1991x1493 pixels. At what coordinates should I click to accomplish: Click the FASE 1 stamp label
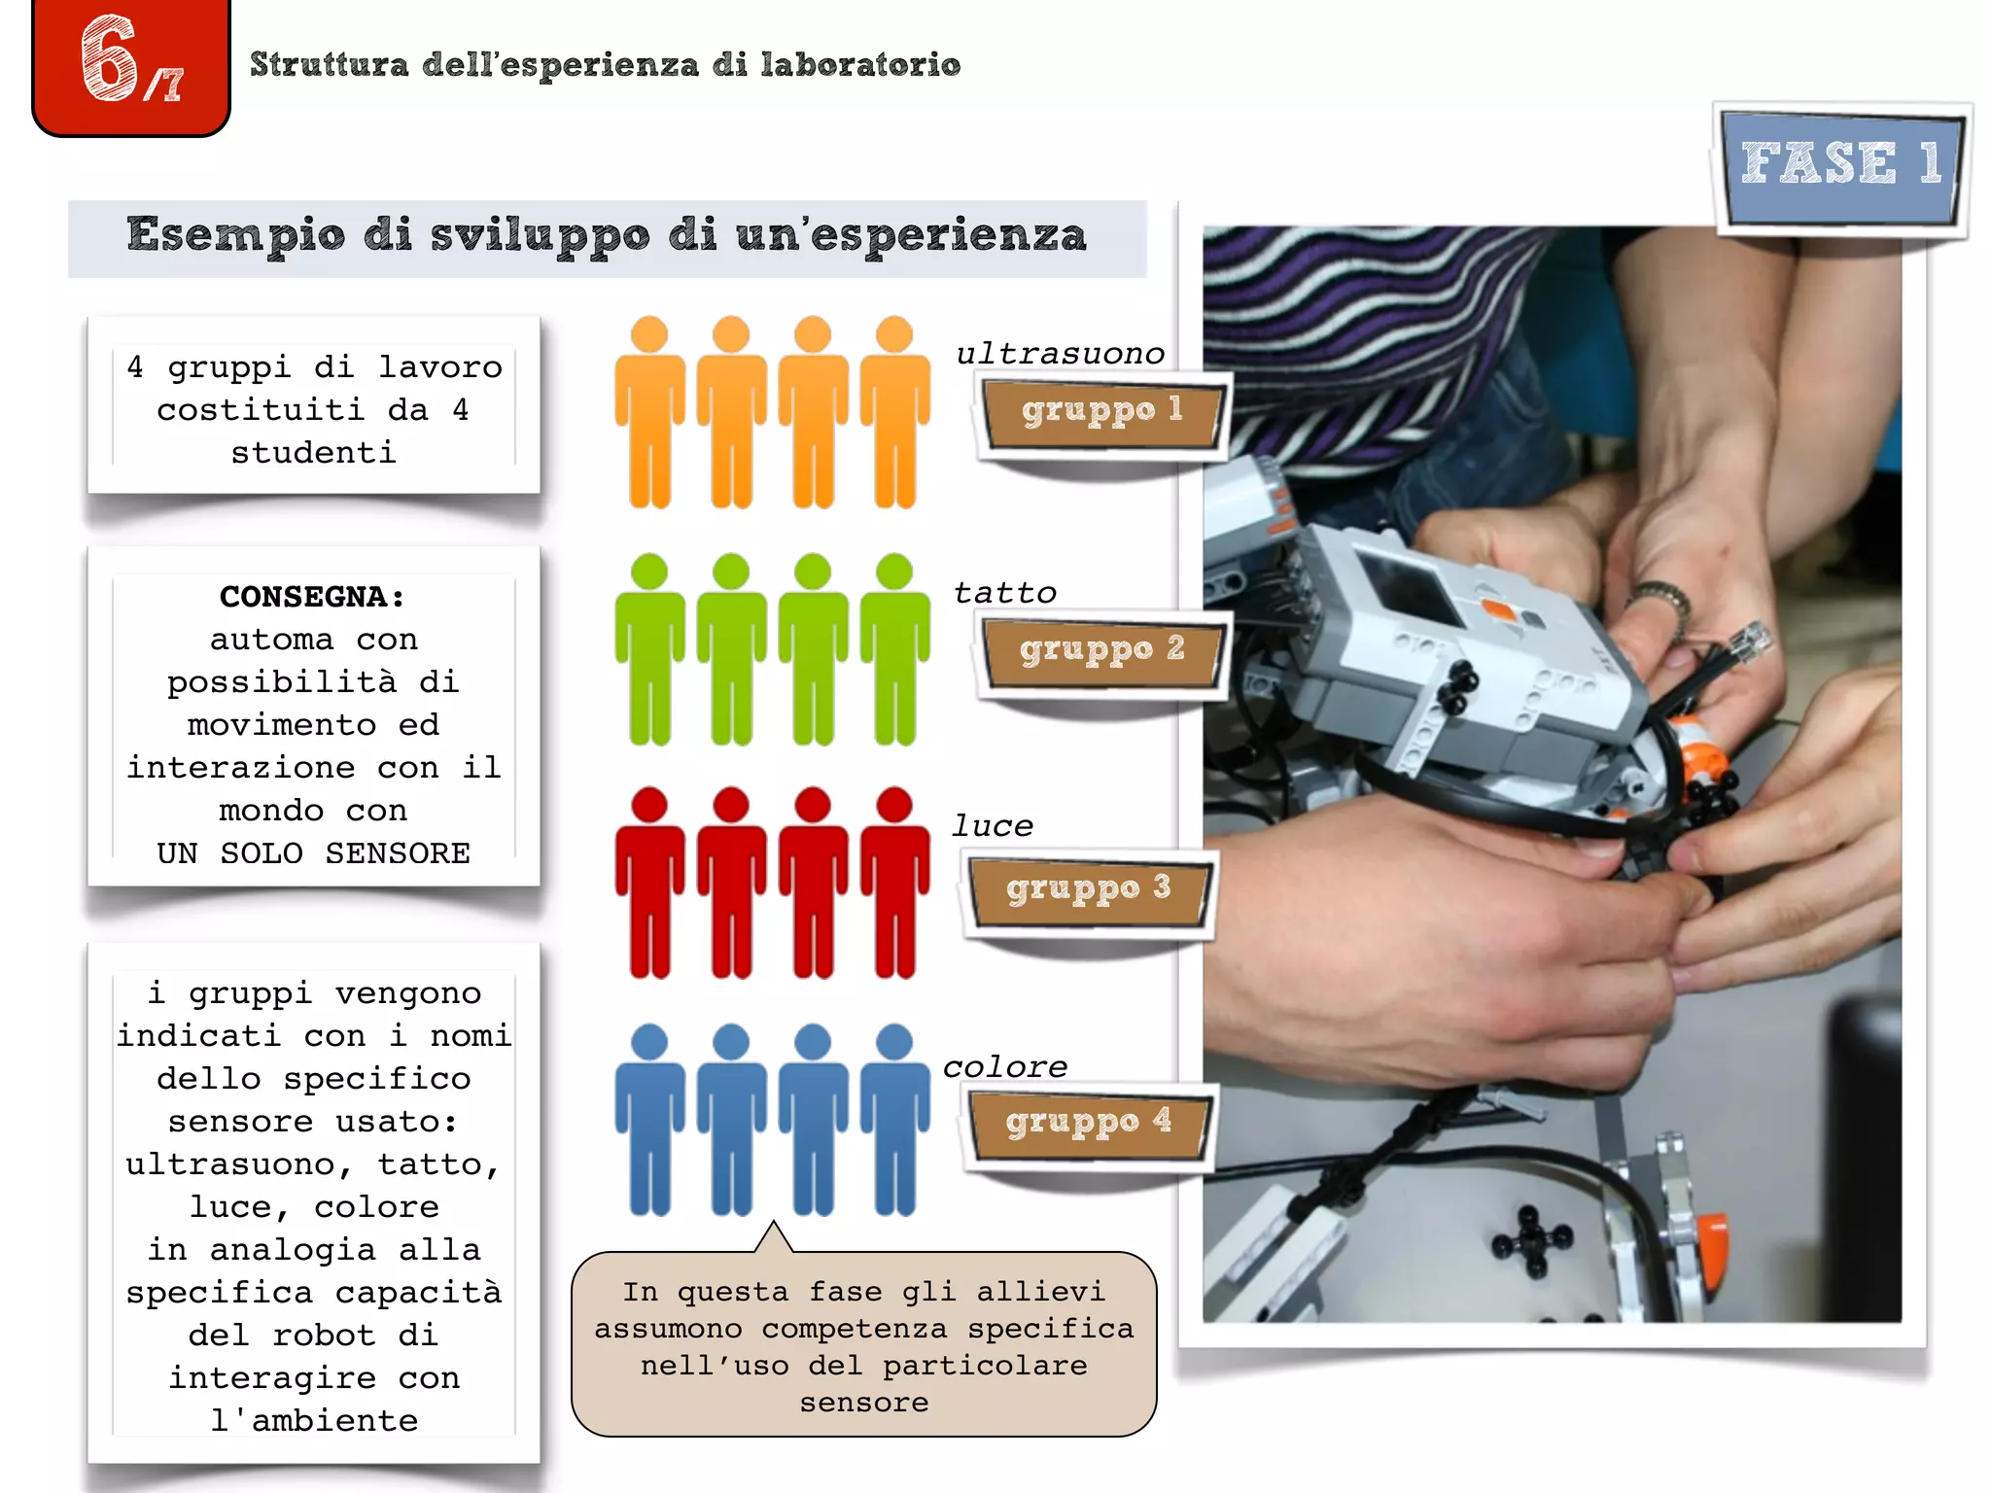click(1840, 165)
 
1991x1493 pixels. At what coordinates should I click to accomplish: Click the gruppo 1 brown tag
click(1100, 411)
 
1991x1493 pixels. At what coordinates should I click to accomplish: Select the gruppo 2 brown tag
click(1100, 649)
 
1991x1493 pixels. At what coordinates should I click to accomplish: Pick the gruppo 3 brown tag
click(1087, 888)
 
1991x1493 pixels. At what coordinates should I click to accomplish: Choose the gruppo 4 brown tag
click(1087, 1123)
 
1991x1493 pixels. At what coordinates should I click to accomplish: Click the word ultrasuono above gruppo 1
click(1060, 354)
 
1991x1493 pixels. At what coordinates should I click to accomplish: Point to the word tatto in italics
click(1004, 593)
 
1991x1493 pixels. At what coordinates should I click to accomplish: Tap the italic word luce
click(992, 826)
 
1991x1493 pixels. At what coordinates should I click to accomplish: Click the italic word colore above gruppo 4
click(1004, 1067)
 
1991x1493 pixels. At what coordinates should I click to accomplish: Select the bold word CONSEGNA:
click(312, 597)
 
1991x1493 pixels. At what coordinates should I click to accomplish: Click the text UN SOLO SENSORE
click(313, 853)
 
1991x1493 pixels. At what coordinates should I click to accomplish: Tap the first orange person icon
click(649, 413)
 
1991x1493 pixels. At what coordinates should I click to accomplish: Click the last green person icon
click(894, 651)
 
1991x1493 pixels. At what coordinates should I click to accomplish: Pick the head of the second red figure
click(731, 805)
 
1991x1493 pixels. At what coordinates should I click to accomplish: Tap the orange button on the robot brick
click(1500, 611)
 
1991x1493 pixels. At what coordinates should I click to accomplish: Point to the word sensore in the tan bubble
click(863, 1403)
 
